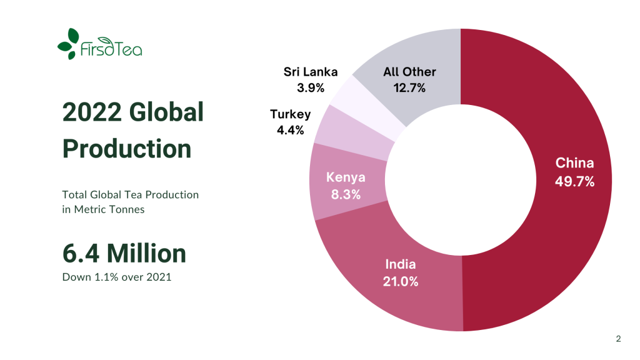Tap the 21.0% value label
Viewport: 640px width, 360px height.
pyautogui.click(x=401, y=281)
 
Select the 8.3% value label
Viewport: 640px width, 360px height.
pyautogui.click(x=346, y=194)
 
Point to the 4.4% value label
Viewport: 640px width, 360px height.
pyautogui.click(x=290, y=131)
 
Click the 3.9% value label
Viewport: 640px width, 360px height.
pyautogui.click(x=311, y=88)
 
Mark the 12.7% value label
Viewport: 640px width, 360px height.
pyautogui.click(x=409, y=88)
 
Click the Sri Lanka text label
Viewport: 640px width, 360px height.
pyautogui.click(x=311, y=72)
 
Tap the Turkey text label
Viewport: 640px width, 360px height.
pyautogui.click(x=290, y=114)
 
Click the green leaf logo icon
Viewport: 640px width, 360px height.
pyautogui.click(x=68, y=44)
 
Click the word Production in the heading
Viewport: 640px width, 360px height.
pyautogui.click(x=127, y=149)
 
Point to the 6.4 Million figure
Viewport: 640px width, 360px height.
pyautogui.click(x=124, y=253)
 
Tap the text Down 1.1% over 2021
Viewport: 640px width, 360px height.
pyautogui.click(x=117, y=276)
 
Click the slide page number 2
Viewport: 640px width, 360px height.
pyautogui.click(x=618, y=339)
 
